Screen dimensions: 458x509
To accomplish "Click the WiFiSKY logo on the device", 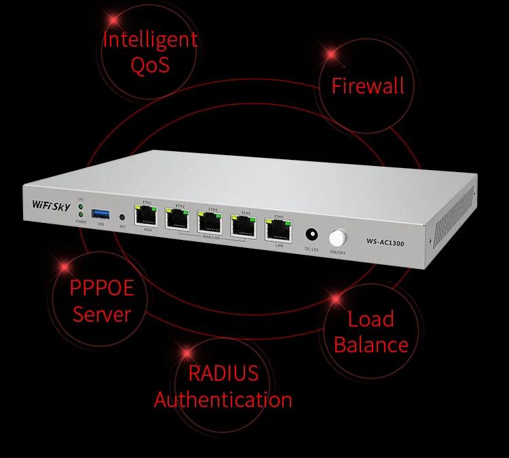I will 51,204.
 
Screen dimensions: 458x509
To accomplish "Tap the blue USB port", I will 101,213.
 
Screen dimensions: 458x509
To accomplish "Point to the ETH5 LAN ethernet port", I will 278,230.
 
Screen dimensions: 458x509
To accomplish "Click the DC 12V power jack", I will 312,234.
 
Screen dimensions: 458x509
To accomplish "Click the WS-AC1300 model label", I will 385,242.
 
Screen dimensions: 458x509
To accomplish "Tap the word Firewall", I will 367,86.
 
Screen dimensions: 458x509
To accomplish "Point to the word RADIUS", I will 223,373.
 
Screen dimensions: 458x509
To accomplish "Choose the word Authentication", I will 223,399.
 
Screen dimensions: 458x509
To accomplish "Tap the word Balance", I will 371,344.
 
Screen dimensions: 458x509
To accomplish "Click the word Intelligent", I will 150,39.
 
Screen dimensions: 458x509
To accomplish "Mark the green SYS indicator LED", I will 80,206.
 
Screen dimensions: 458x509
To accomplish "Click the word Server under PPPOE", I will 102,314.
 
